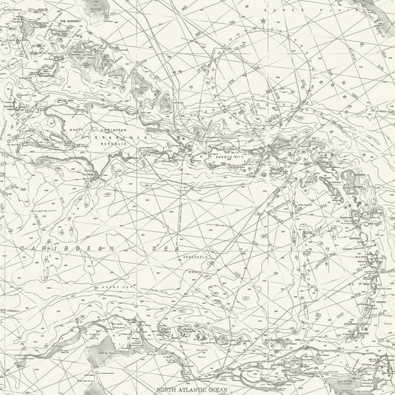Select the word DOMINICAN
(115, 130)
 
